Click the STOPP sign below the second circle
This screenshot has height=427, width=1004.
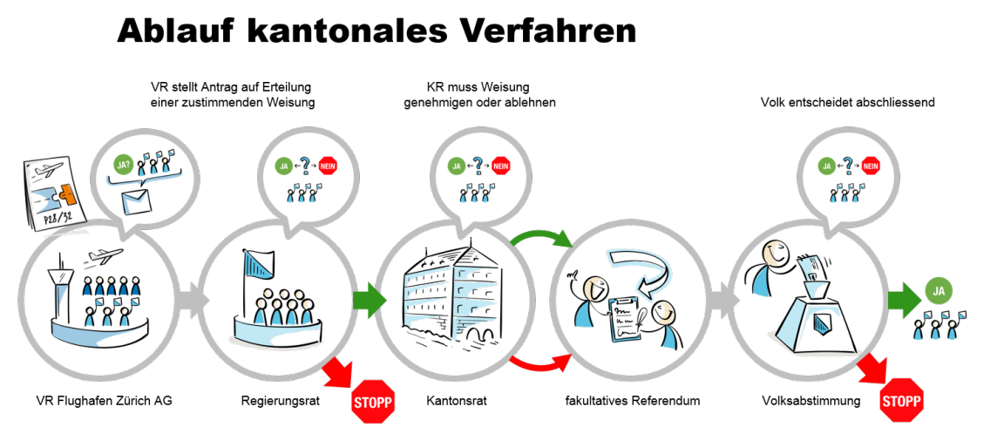tap(372, 403)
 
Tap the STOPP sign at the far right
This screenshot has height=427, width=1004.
tap(901, 401)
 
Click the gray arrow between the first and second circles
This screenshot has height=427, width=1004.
tap(191, 300)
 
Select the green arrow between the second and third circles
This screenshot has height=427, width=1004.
tap(370, 300)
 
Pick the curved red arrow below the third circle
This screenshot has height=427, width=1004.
tap(540, 363)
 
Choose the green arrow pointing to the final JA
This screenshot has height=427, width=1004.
tap(905, 300)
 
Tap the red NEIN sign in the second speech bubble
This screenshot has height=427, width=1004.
tap(327, 166)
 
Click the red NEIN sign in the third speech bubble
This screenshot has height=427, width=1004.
tap(500, 166)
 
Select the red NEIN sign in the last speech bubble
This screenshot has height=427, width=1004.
tap(870, 166)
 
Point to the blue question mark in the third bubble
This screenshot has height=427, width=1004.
tap(478, 165)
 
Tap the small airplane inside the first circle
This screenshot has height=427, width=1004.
tap(106, 255)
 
